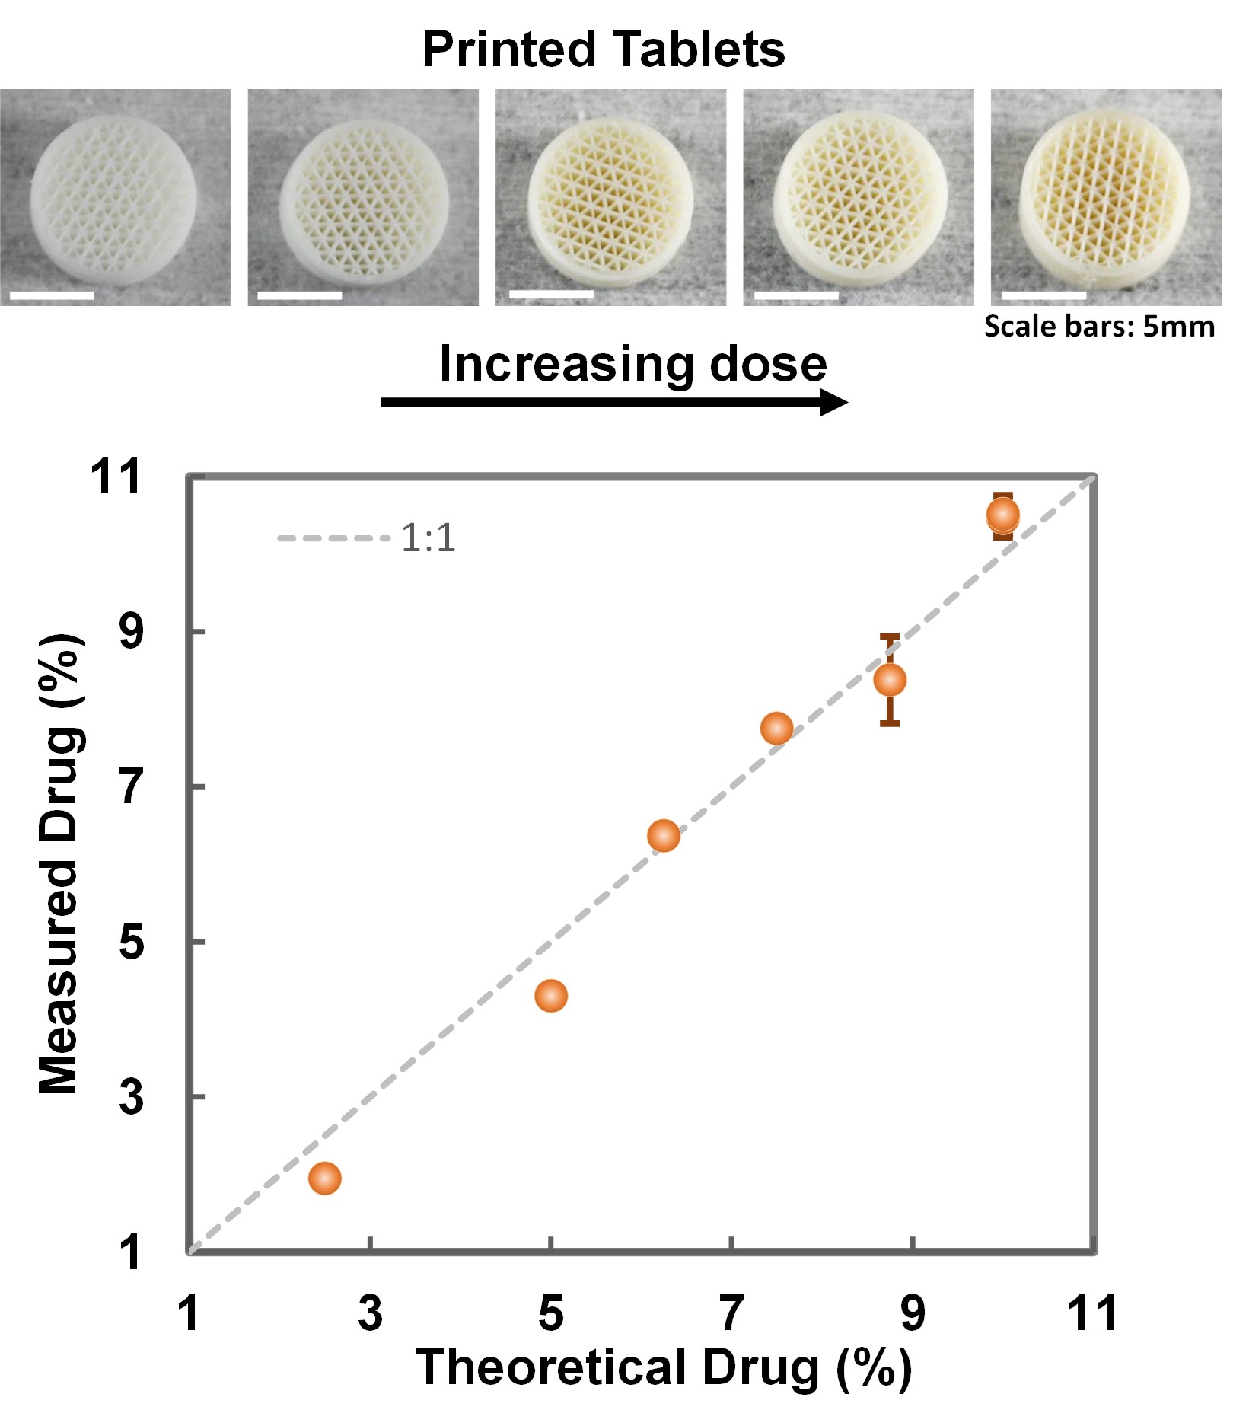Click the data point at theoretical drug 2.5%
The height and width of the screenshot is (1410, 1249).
[324, 1178]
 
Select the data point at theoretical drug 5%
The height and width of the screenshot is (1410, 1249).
[551, 995]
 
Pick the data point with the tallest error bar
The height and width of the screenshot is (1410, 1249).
[890, 679]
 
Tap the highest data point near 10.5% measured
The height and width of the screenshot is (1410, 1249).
[1003, 515]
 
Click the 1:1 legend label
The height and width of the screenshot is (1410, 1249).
[428, 538]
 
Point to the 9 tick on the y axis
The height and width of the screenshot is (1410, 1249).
[131, 631]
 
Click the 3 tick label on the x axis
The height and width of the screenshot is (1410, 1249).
[370, 1313]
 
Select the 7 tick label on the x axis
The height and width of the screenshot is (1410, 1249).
[731, 1313]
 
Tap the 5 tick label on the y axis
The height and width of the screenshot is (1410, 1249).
[131, 941]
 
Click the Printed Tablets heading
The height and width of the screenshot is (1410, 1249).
[603, 49]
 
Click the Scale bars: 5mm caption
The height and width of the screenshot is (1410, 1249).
[1099, 327]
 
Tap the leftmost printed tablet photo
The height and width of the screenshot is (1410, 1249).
[114, 198]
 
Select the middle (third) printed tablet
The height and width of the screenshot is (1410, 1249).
[610, 198]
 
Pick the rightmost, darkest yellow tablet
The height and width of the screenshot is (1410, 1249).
[1105, 198]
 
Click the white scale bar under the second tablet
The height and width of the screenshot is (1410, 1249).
[300, 295]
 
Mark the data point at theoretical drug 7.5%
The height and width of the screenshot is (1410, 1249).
[776, 729]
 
